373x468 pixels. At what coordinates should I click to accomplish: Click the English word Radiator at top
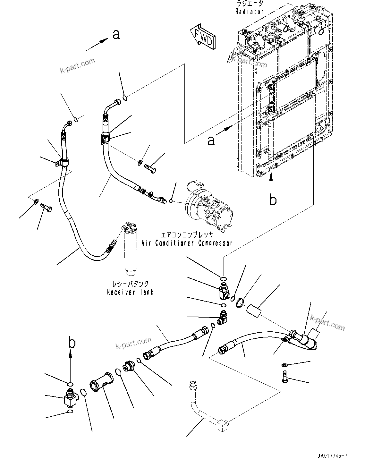249,12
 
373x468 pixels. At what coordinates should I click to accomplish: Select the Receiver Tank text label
130,292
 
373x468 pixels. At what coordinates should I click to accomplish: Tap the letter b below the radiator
273,200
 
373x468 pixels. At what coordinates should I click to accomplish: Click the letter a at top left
116,34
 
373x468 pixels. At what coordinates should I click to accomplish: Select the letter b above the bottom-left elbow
72,343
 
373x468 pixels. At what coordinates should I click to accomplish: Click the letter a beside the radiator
211,140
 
